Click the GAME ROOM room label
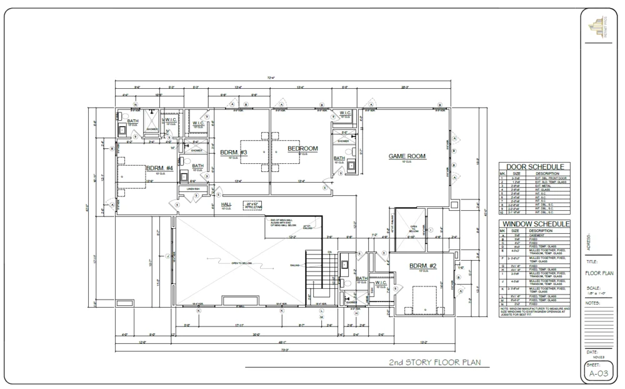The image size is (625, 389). point(407,156)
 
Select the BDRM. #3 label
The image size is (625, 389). point(234,153)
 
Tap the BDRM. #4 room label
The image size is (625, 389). point(159,168)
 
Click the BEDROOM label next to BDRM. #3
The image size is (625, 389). point(302,148)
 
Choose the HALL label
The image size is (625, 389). point(226,204)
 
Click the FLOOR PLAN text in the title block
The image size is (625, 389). point(599,273)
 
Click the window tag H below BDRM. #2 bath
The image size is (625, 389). point(356,313)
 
